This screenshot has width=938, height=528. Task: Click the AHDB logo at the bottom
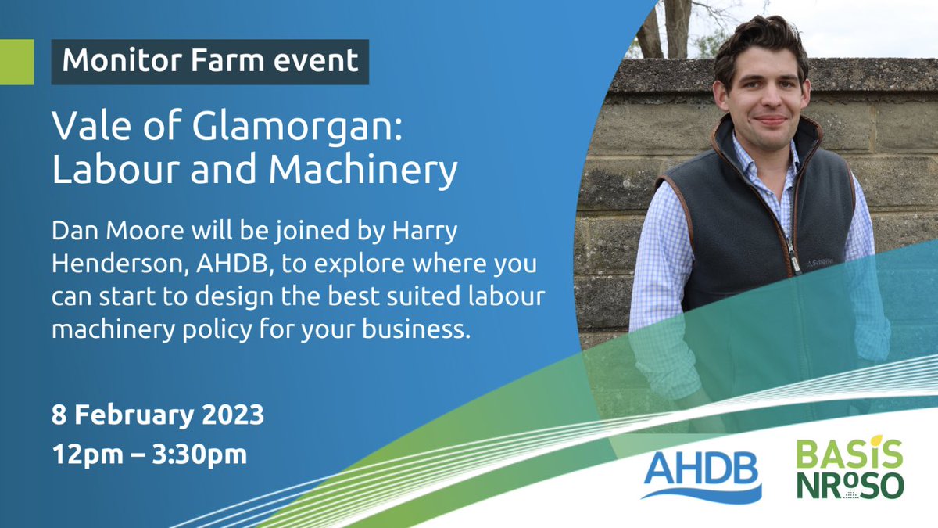pyautogui.click(x=701, y=473)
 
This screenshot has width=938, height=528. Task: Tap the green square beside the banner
pyautogui.click(x=16, y=62)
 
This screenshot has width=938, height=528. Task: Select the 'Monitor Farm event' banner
pyautogui.click(x=209, y=62)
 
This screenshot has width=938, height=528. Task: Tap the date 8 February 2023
pyautogui.click(x=158, y=415)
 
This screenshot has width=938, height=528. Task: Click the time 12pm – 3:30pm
pyautogui.click(x=149, y=454)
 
